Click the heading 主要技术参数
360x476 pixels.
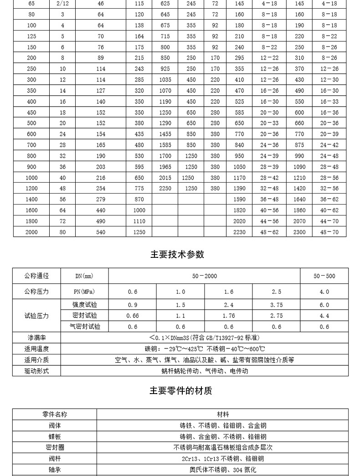tap(177, 254)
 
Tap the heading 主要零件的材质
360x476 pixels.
tap(181, 391)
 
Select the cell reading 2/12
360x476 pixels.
tap(63, 4)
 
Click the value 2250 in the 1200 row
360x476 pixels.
tap(165, 189)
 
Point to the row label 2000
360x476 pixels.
tap(31, 232)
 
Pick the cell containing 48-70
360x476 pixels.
tap(329, 232)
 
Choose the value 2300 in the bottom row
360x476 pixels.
tap(299, 232)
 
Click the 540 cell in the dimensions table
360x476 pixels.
tap(101, 232)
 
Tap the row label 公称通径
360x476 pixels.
tap(36, 276)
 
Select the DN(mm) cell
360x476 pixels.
tap(84, 276)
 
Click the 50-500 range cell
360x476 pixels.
tap(324, 276)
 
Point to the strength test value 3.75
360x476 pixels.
tap(277, 305)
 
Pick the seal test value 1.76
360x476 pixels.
tap(229, 316)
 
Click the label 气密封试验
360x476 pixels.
tap(84, 327)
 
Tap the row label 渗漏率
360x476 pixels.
tap(36, 338)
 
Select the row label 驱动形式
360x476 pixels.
tap(36, 371)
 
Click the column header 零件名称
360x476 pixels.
tap(55, 415)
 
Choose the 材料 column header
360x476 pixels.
tap(223, 415)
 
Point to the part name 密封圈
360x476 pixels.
tap(55, 448)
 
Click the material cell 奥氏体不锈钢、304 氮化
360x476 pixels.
tap(223, 470)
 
